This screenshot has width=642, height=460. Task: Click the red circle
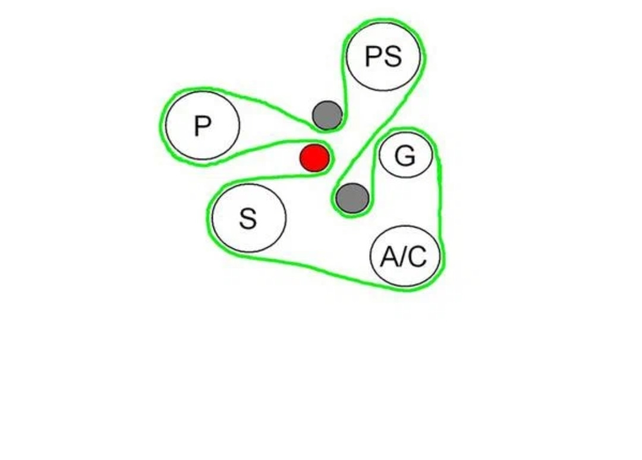[x=314, y=157]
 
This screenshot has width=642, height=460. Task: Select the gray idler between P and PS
[x=327, y=115]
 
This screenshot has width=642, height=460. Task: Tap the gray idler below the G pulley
[x=353, y=198]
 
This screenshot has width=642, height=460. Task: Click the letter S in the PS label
[x=393, y=57]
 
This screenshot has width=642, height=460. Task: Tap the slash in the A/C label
[x=404, y=257]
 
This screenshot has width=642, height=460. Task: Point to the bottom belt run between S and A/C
[x=321, y=270]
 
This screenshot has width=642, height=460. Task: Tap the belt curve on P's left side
[x=161, y=125]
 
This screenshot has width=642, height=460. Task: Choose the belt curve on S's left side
[x=209, y=220]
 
